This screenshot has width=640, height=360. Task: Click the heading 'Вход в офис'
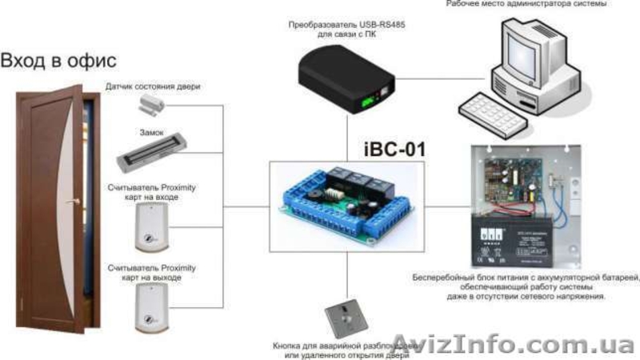click(x=59, y=61)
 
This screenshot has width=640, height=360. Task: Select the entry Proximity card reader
click(x=151, y=223)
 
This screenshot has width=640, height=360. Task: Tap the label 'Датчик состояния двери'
click(x=152, y=86)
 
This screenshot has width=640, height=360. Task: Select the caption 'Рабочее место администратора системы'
click(x=538, y=4)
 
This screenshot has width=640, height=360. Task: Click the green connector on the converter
click(x=367, y=102)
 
